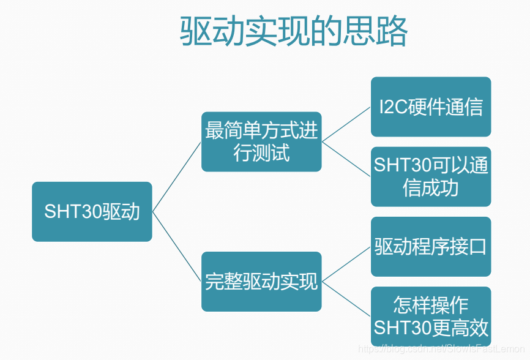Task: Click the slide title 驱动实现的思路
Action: click(294, 32)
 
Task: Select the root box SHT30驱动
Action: click(92, 211)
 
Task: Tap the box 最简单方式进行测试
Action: click(261, 141)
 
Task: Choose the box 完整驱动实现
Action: click(261, 281)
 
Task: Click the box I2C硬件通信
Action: click(431, 107)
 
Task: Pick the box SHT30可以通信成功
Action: click(431, 176)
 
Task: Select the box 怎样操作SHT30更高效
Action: click(431, 316)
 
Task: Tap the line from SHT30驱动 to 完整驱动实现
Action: click(177, 246)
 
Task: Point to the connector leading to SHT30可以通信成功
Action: click(346, 159)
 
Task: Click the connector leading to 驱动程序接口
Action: click(346, 264)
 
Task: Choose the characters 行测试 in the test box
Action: click(261, 152)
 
